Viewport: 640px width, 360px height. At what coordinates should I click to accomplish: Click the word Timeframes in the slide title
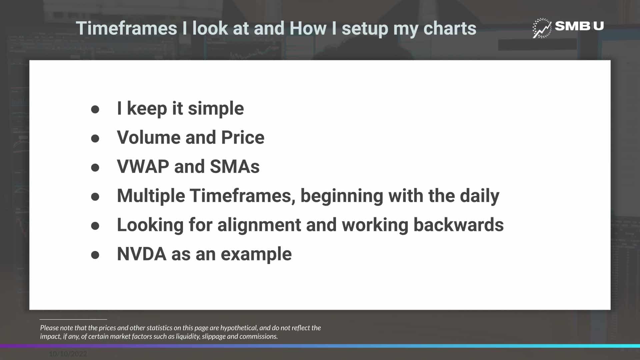click(126, 28)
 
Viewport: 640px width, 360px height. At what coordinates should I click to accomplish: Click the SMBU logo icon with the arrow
click(542, 28)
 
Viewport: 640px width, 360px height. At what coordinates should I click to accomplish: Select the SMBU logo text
click(579, 26)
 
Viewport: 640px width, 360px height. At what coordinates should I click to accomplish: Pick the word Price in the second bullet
click(243, 137)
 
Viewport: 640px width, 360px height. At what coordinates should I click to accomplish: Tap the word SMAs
click(235, 166)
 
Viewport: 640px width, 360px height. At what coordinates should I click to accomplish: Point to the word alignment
click(259, 225)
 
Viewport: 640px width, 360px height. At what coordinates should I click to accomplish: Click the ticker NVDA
click(142, 254)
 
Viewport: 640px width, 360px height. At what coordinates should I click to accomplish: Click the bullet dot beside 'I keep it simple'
click(95, 109)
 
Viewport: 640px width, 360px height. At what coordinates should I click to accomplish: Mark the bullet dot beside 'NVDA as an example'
click(95, 255)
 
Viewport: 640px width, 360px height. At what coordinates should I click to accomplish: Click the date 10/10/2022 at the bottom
click(68, 354)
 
